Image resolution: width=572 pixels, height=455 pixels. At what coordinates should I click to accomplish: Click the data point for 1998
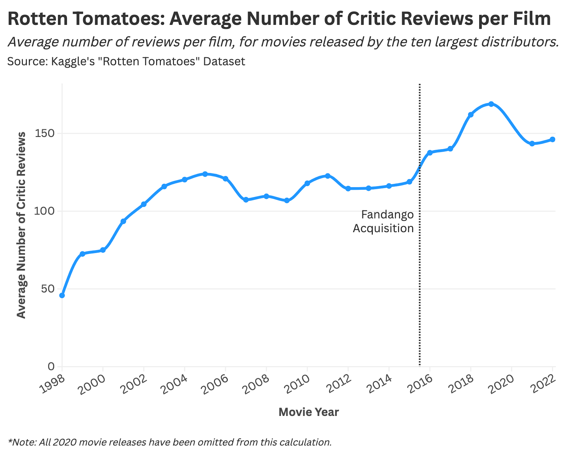tap(62, 295)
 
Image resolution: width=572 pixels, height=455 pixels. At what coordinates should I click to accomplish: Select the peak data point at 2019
tap(491, 104)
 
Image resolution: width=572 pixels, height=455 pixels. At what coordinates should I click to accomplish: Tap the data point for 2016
tap(430, 153)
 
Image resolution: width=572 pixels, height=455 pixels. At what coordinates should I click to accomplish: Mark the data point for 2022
tap(552, 139)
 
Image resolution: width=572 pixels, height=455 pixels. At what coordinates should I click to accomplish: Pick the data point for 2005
tap(205, 174)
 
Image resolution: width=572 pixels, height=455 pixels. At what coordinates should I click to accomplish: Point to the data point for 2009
tap(287, 200)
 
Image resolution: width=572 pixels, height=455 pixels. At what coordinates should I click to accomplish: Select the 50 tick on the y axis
tap(47, 289)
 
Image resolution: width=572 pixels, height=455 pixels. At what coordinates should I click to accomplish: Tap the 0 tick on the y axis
tap(51, 367)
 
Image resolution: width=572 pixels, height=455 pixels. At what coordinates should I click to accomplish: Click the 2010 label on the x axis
tap(298, 384)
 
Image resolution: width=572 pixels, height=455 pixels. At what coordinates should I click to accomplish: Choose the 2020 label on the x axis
tap(502, 384)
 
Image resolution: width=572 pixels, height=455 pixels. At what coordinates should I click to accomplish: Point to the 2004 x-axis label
tap(175, 384)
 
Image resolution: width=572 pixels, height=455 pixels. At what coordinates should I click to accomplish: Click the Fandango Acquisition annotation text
tap(384, 222)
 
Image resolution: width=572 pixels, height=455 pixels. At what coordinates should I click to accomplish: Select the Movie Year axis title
tap(308, 412)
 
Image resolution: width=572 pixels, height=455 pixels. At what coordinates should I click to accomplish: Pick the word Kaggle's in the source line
tap(73, 61)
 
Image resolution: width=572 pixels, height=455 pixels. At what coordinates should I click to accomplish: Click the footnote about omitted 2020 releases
tap(170, 442)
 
